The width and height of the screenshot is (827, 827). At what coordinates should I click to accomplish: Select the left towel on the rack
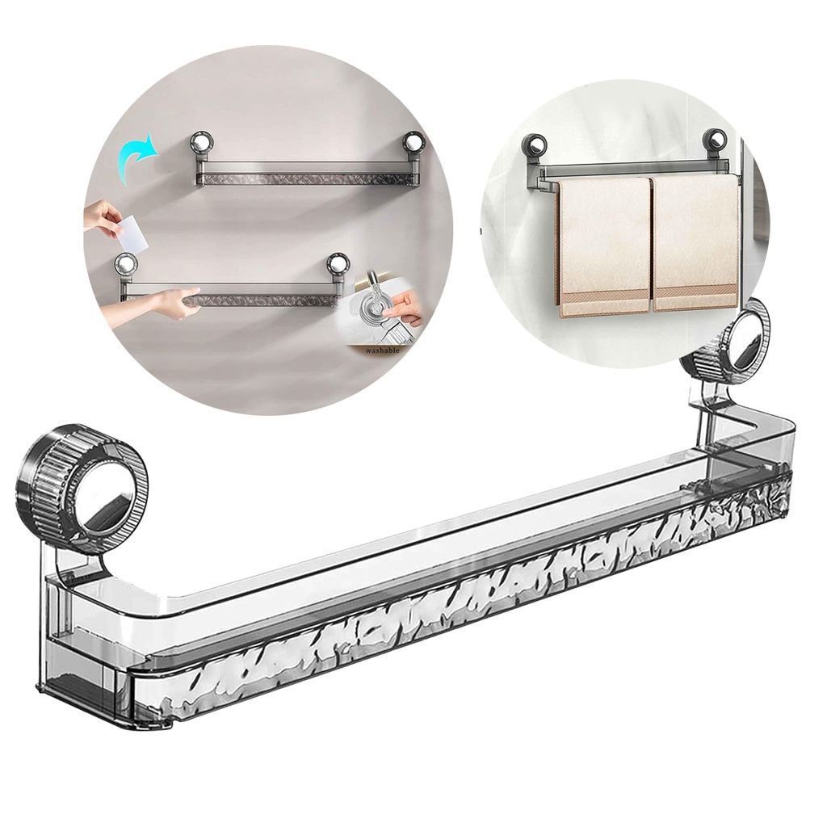(603, 245)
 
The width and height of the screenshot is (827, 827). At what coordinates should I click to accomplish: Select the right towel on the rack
(695, 242)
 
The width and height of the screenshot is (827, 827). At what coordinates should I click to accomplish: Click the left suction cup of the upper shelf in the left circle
(201, 144)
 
